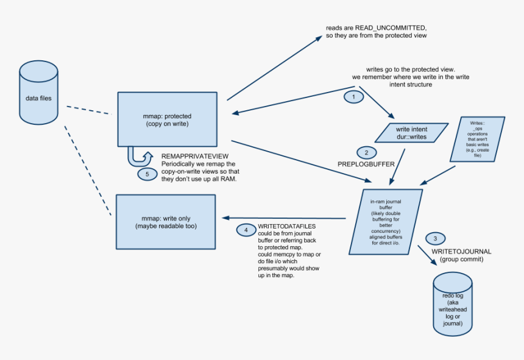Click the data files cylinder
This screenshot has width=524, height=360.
39,91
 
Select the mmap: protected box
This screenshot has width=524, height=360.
167,119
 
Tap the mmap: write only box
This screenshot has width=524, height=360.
166,222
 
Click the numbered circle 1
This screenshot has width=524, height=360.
350,96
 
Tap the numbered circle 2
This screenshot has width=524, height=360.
366,152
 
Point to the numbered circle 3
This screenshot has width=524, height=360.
434,238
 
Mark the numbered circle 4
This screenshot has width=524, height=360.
246,230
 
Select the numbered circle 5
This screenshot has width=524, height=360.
147,174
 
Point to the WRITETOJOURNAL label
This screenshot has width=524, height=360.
461,252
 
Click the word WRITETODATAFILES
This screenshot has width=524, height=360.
287,226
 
